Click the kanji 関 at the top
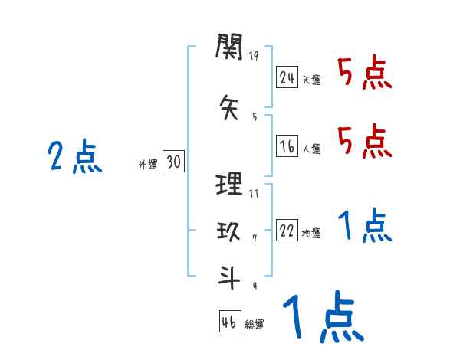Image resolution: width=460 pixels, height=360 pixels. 229,50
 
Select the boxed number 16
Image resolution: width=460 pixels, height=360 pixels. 287,146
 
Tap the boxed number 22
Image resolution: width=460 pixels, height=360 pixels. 287,231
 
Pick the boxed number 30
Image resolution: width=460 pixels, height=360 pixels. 173,162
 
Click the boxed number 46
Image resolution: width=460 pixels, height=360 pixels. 229,322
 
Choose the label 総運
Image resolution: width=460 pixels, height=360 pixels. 255,325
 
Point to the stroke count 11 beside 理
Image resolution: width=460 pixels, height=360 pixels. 254,193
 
